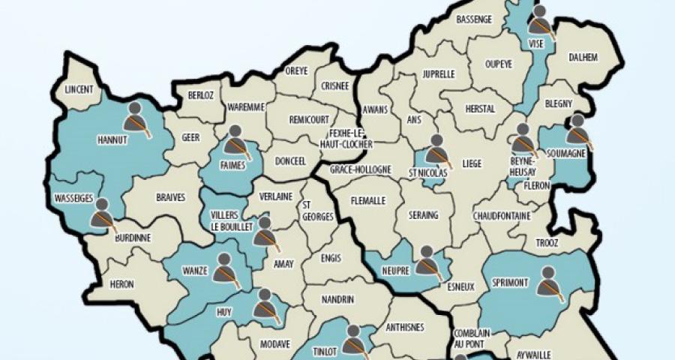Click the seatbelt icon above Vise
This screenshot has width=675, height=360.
tap(541, 20)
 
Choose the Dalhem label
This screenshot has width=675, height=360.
tap(584, 56)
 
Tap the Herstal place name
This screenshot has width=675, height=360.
tap(480, 109)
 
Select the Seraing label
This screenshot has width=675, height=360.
tap(424, 215)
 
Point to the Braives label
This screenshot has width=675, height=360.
tap(169, 198)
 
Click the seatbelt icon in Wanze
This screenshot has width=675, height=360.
tap(226, 269)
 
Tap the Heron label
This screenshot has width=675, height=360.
tap(121, 284)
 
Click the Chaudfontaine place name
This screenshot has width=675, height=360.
tap(502, 216)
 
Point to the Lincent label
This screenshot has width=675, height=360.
tap(79, 88)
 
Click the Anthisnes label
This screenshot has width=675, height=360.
tap(404, 326)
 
